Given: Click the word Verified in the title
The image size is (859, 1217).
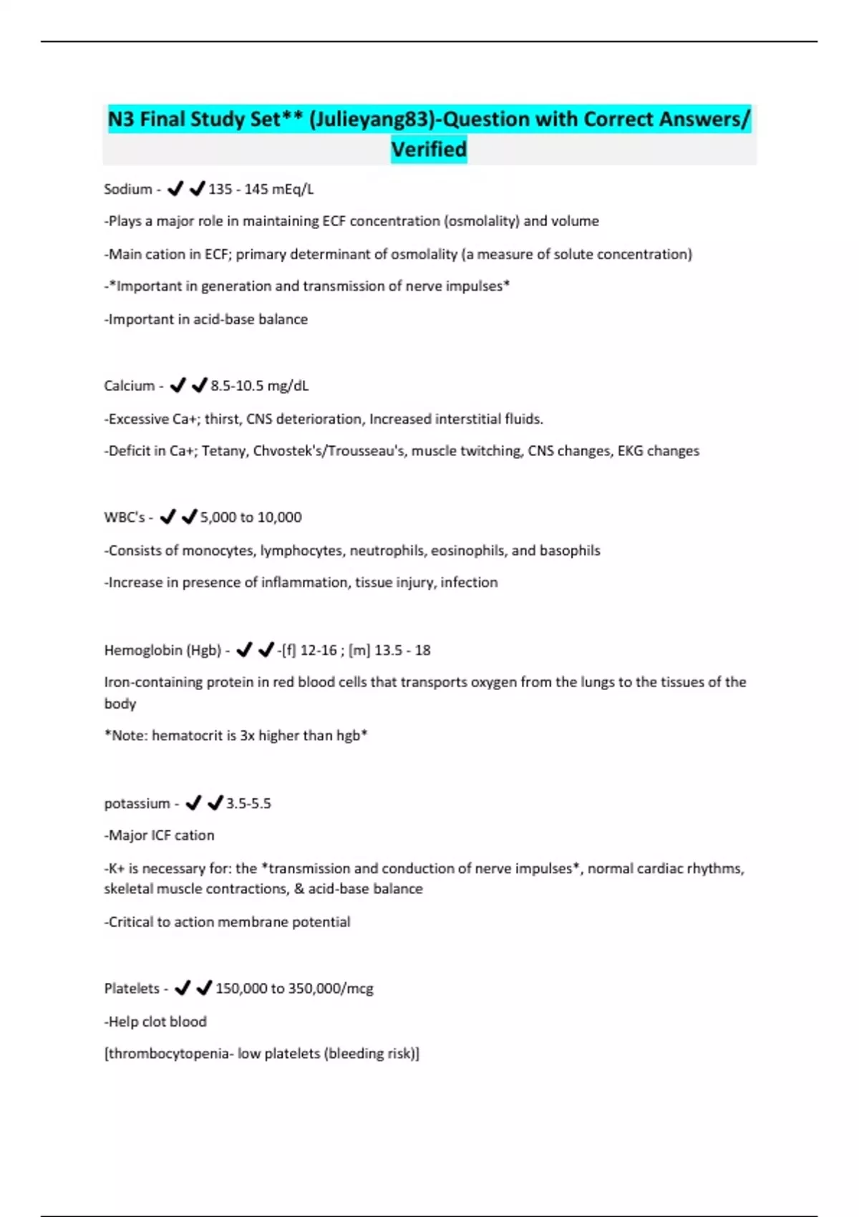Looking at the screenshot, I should (x=428, y=149).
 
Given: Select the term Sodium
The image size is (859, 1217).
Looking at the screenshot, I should (x=128, y=189).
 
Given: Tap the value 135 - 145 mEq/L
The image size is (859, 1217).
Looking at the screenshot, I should (x=261, y=189).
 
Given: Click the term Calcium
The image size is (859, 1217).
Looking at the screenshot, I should (x=130, y=385).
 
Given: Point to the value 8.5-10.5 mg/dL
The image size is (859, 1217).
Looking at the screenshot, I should (x=260, y=385).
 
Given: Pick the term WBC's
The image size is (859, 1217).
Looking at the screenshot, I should (x=125, y=517).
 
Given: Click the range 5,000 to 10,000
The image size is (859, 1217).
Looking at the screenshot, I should (x=251, y=517).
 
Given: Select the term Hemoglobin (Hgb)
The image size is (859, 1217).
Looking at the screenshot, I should (x=162, y=650).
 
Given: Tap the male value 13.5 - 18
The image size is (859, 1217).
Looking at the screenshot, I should (x=402, y=650).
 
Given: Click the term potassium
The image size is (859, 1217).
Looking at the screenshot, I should (x=137, y=803).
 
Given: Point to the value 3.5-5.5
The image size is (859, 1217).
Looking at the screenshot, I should (x=248, y=803).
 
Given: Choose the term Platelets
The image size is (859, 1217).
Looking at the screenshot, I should (x=132, y=988).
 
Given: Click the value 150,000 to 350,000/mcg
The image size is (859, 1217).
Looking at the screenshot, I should (x=294, y=988).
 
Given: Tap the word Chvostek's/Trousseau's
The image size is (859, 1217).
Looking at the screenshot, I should (x=328, y=451).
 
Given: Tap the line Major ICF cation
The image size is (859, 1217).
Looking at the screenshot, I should (x=161, y=835).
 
